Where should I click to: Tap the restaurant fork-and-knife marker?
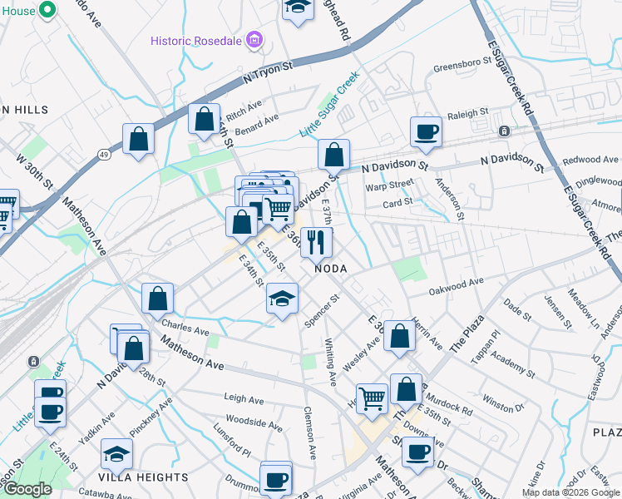point(316,242)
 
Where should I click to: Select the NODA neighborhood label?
point(329,269)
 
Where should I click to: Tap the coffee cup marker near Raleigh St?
point(426,132)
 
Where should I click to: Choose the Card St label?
point(397,204)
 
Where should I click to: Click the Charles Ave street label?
point(185,330)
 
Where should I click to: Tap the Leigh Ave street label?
point(244,398)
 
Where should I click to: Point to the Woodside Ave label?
point(254,423)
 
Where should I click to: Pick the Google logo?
point(28,489)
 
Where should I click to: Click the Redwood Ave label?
point(590,160)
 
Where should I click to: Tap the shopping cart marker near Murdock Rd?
point(372,398)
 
